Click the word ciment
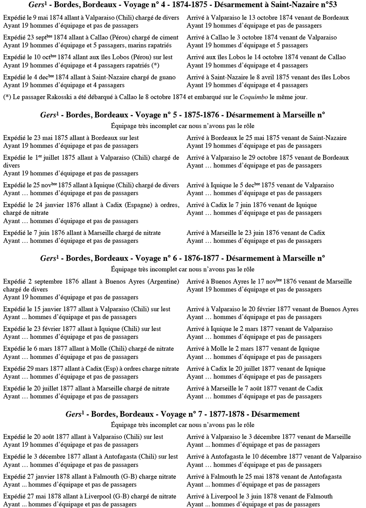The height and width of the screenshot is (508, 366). (168, 37)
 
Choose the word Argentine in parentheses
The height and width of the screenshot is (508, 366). (164, 281)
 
